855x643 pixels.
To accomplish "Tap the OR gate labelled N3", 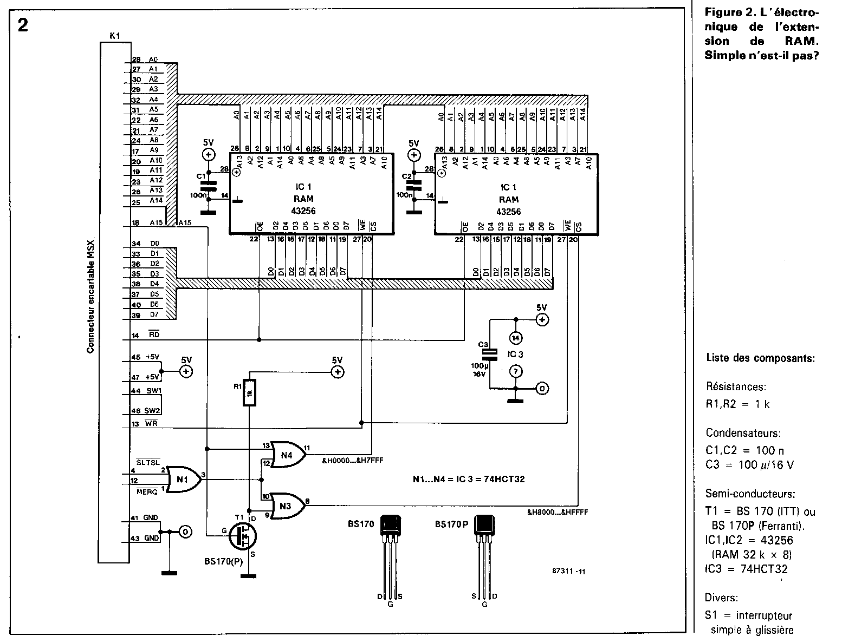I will (287, 505).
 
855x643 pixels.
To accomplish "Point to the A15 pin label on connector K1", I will (156, 222).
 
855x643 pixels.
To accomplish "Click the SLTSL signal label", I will (148, 462).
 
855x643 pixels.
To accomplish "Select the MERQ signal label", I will (147, 491).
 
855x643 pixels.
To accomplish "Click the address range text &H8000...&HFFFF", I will (557, 511).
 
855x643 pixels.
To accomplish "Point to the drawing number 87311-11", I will (568, 571).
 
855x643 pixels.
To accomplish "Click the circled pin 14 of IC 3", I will (516, 338).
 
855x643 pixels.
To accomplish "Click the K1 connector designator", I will (114, 36).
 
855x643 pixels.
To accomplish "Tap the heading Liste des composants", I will (760, 358).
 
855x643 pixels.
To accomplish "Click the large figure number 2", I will (23, 25).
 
